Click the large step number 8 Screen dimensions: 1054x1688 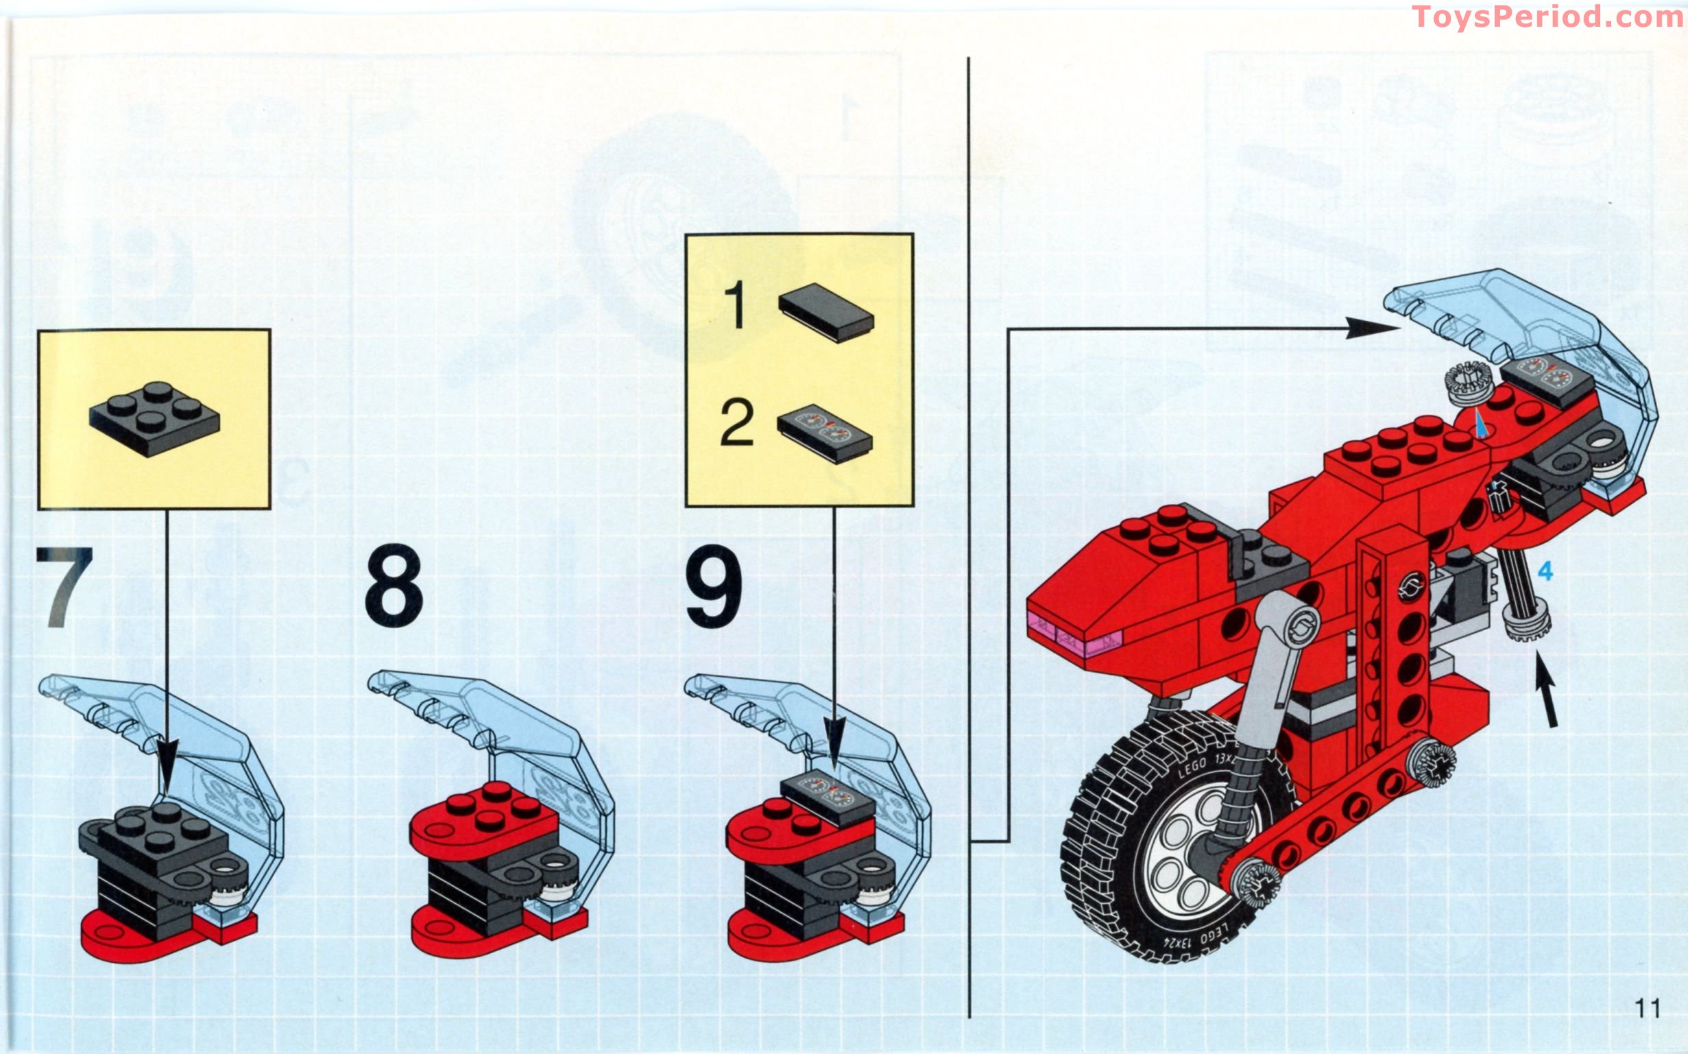tap(393, 586)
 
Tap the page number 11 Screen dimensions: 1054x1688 tap(1648, 1008)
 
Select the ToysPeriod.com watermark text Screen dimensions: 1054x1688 tap(1547, 16)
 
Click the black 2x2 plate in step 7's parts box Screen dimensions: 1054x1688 tap(154, 418)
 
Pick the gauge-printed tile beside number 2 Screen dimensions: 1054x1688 tap(825, 433)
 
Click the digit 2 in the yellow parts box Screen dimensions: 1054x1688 tap(736, 422)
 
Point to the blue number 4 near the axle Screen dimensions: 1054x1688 tap(1545, 572)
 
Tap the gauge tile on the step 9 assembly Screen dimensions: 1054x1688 tap(828, 798)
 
